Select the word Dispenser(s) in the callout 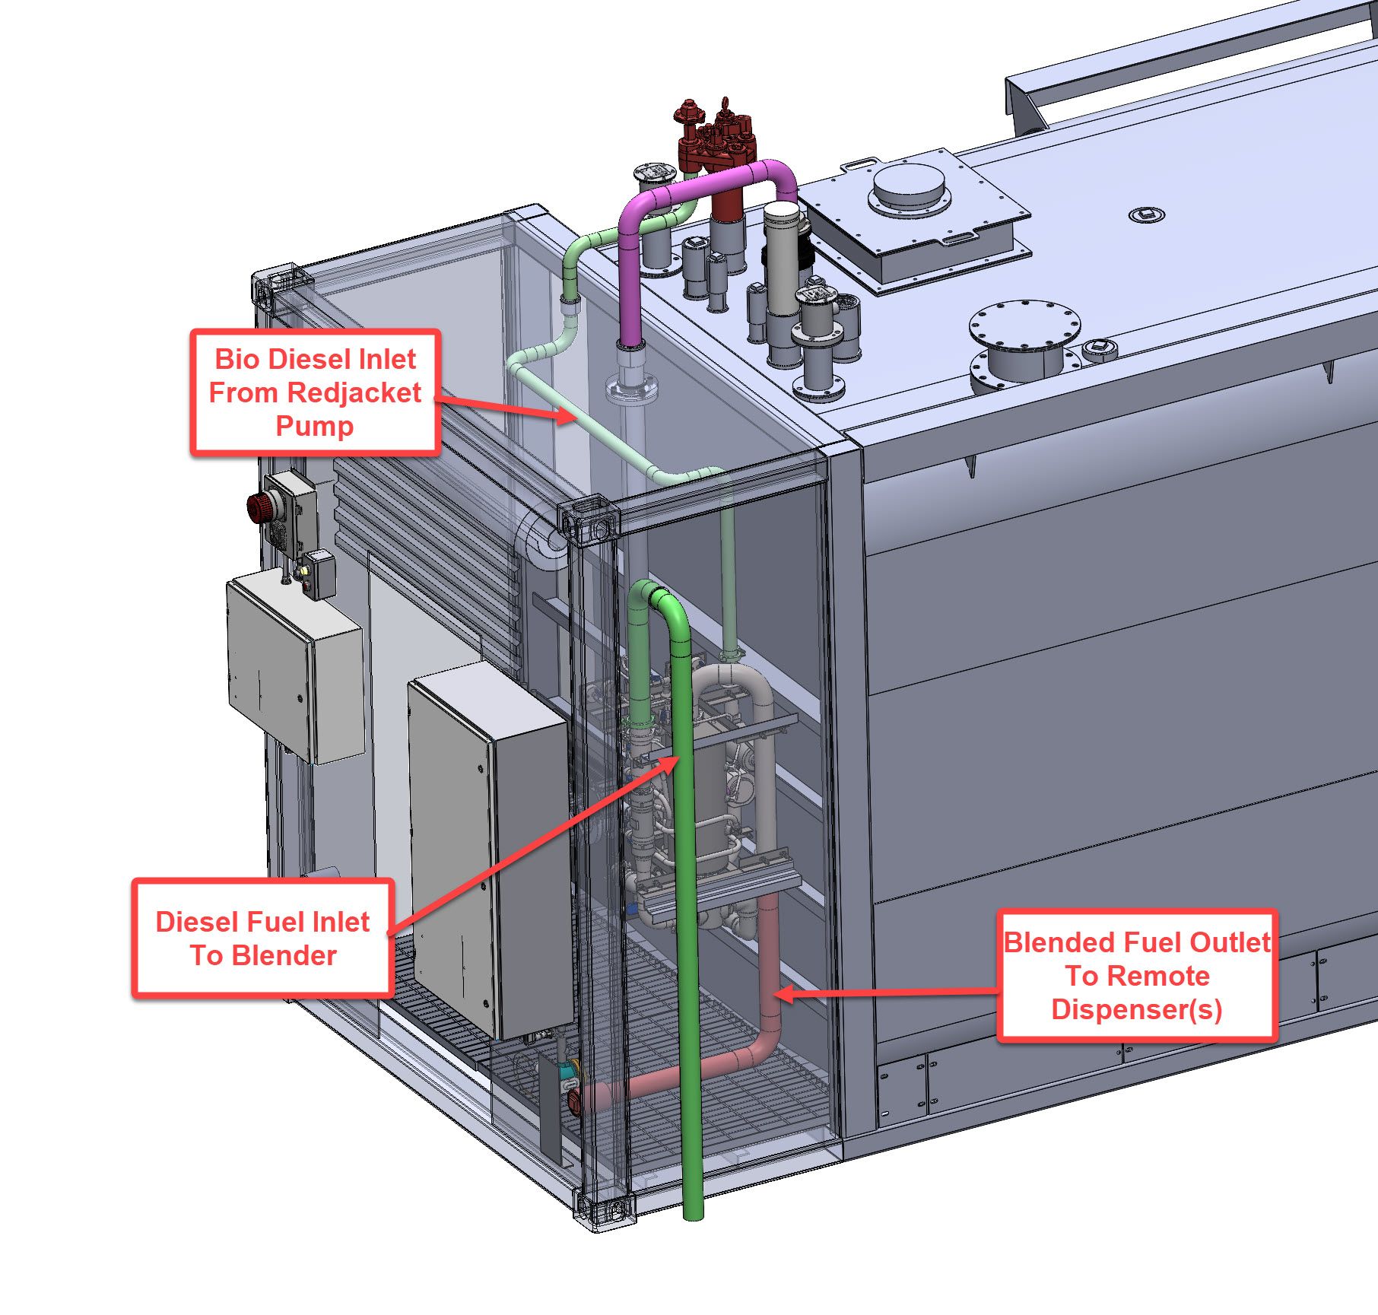(1136, 1009)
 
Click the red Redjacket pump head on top (715, 141)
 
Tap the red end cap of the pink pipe (575, 1099)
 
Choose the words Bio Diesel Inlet (315, 359)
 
